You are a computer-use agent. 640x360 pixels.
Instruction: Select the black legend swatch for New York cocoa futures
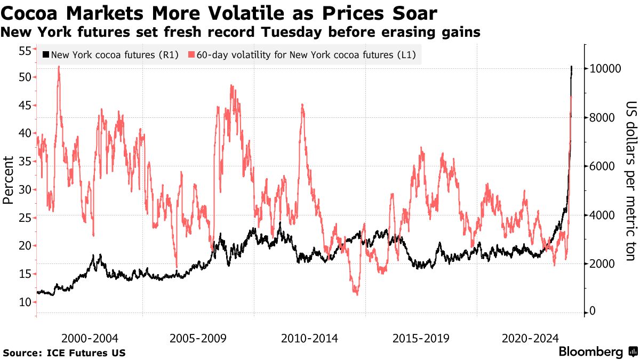(45, 55)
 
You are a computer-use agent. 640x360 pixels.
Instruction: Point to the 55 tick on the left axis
(25, 51)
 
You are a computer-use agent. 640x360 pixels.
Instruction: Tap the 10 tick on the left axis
(25, 302)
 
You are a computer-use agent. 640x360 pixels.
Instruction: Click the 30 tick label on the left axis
(25, 190)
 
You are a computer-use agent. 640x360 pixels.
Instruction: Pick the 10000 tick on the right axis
(603, 69)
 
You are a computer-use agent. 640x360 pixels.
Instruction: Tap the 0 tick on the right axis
(593, 312)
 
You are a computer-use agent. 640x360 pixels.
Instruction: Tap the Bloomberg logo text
(591, 352)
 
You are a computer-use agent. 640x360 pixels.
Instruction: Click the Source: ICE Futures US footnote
(64, 353)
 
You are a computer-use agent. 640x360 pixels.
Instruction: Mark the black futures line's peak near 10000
(572, 67)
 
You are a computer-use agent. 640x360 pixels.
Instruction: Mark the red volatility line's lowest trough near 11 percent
(356, 294)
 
